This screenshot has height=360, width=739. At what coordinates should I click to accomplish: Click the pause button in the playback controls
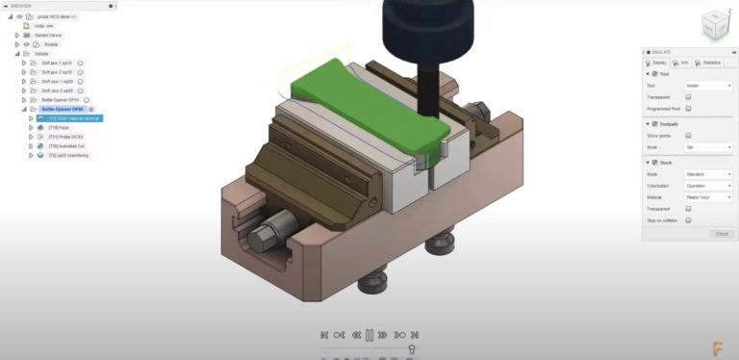tap(369, 334)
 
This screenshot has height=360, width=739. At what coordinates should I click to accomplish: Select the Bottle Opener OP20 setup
tap(64, 109)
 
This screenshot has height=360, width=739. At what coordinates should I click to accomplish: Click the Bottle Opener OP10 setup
tap(62, 99)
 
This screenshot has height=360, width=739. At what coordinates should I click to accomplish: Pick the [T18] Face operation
tap(59, 127)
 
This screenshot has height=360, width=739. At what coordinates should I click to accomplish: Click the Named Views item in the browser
tap(47, 35)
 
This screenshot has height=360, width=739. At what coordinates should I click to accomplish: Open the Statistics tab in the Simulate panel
tap(710, 63)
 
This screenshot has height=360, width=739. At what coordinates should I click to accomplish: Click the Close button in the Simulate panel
tap(721, 234)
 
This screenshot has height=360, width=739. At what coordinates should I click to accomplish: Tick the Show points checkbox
tap(688, 136)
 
